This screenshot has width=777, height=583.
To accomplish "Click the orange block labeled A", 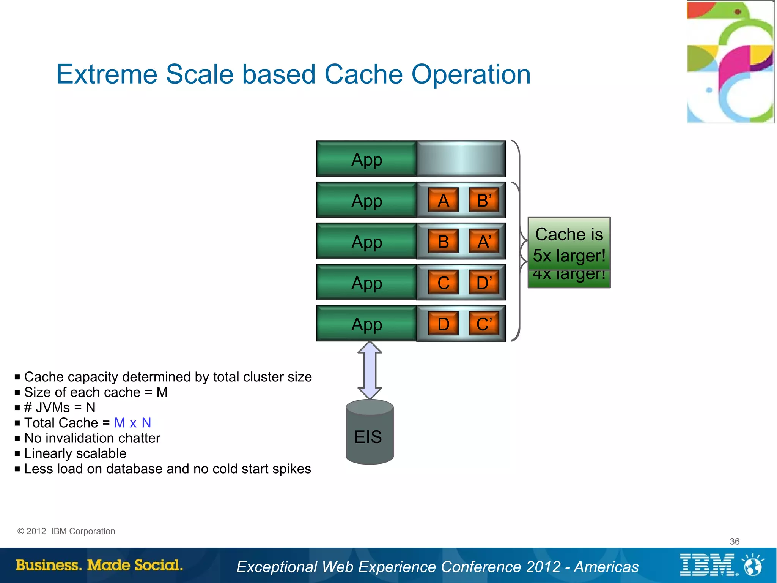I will (443, 200).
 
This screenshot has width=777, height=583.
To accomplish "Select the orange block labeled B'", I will (484, 200).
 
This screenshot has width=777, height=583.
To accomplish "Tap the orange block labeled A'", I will (484, 242).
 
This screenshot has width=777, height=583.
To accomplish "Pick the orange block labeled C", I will (443, 283).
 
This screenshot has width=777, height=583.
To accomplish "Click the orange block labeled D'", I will (484, 283).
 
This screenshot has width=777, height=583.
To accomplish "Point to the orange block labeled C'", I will (484, 324).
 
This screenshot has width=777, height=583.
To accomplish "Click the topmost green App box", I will (366, 159).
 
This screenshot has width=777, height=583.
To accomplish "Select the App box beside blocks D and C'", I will (366, 324).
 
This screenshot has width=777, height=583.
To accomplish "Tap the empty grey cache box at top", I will (461, 159).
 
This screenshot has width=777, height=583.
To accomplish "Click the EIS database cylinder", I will (370, 433).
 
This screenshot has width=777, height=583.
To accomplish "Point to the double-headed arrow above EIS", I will (370, 370).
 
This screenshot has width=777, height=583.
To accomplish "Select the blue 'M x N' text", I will (132, 423).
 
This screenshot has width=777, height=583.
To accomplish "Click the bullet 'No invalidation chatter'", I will (92, 438).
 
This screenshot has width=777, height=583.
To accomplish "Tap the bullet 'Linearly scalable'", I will (75, 453).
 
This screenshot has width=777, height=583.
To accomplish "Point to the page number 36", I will (735, 541).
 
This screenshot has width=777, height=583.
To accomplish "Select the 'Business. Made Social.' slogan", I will (99, 565).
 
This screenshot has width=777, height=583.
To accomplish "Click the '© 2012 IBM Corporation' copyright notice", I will (66, 531).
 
